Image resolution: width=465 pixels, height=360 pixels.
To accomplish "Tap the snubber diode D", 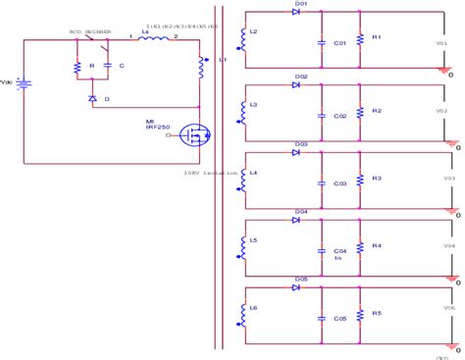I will coord(92,99).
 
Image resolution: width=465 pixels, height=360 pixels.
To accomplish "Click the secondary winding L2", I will coord(242,36).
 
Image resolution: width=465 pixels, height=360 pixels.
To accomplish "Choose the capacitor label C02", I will coord(340,116).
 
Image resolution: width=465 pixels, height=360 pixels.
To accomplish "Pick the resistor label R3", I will coord(377,179).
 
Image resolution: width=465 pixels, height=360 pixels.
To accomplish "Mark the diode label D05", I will coord(301,279).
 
